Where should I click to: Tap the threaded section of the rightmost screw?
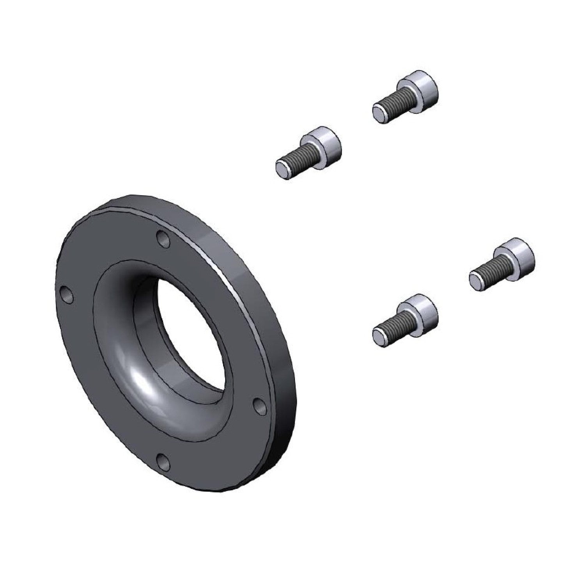pos(493,270)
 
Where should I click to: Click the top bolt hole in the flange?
pos(163,239)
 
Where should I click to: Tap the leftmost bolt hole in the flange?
pos(67,295)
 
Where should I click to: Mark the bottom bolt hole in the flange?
pos(163,463)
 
